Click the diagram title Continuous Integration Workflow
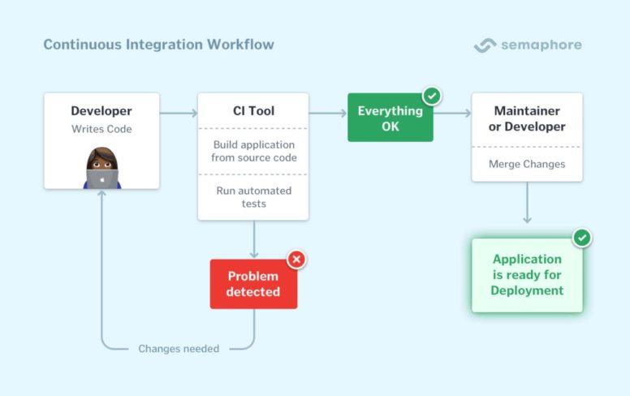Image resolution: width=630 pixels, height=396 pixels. pyautogui.click(x=158, y=45)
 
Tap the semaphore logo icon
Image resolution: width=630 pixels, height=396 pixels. pyautogui.click(x=485, y=45)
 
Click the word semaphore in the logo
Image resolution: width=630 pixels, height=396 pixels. pyautogui.click(x=542, y=45)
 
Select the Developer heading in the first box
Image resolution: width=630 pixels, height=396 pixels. pyautogui.click(x=101, y=111)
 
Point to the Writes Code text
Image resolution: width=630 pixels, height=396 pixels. pyautogui.click(x=101, y=129)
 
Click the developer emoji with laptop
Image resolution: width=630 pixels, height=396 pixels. pyautogui.click(x=102, y=168)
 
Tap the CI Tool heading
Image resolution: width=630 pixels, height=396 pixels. pyautogui.click(x=253, y=111)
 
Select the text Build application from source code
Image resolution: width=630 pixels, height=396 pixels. pyautogui.click(x=253, y=151)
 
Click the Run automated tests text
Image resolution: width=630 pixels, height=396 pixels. pyautogui.click(x=253, y=197)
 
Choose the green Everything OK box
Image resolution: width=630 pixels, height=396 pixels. pyautogui.click(x=390, y=118)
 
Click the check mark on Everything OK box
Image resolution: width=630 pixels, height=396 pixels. pyautogui.click(x=432, y=96)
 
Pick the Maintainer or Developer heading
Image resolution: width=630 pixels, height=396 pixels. pyautogui.click(x=527, y=118)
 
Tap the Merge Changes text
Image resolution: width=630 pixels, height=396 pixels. pyautogui.click(x=527, y=164)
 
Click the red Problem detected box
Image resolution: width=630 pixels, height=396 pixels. pyautogui.click(x=253, y=284)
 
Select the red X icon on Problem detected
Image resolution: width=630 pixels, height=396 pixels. pyautogui.click(x=296, y=260)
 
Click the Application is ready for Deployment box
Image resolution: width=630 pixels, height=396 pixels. pyautogui.click(x=527, y=275)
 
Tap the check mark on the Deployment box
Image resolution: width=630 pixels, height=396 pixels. pyautogui.click(x=582, y=238)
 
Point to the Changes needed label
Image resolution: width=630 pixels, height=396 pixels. pyautogui.click(x=179, y=349)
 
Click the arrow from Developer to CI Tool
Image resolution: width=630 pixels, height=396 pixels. pyautogui.click(x=179, y=114)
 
